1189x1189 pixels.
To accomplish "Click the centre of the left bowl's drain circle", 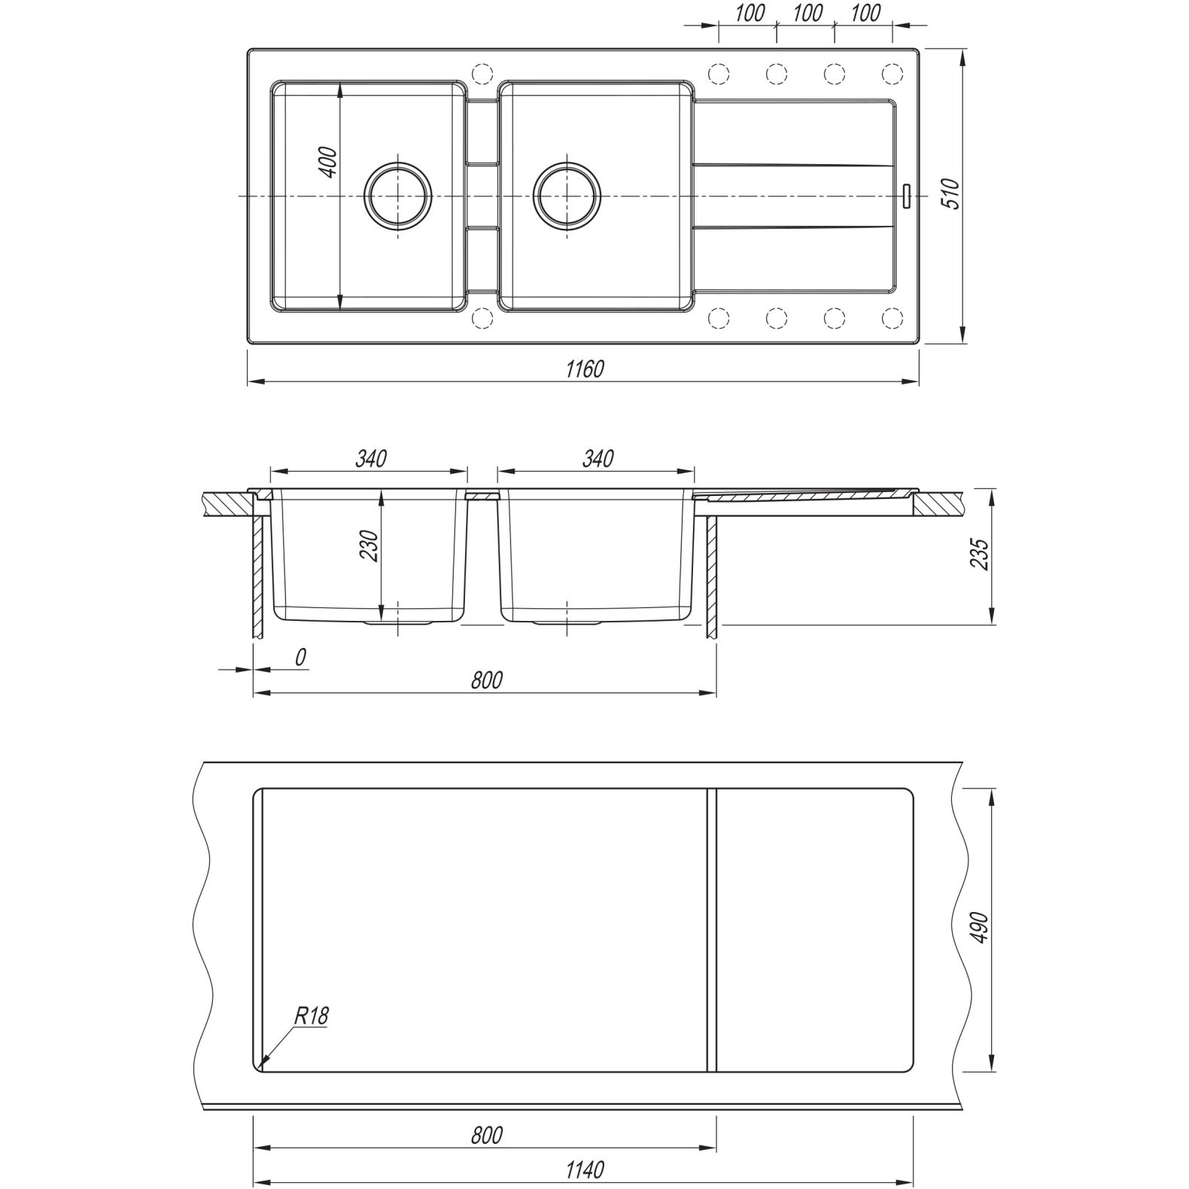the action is (x=398, y=195).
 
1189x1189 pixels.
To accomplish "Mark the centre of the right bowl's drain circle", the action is (x=567, y=195).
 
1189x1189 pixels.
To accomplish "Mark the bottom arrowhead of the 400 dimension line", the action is (x=342, y=309).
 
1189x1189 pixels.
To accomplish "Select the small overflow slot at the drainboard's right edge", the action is (x=907, y=196).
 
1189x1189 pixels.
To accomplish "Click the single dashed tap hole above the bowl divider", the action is (x=480, y=74).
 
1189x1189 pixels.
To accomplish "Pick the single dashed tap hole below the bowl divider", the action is (x=480, y=318).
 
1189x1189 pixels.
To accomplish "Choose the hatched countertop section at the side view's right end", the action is (x=938, y=503).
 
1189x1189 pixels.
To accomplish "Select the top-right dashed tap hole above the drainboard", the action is (x=892, y=74).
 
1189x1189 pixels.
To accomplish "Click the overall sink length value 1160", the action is (x=585, y=369).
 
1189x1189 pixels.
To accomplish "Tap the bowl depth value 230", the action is (x=368, y=546).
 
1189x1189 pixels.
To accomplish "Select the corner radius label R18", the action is (x=311, y=1017).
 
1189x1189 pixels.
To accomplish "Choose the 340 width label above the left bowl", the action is (x=371, y=458).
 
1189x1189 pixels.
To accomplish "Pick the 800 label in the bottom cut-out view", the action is (x=486, y=1134).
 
